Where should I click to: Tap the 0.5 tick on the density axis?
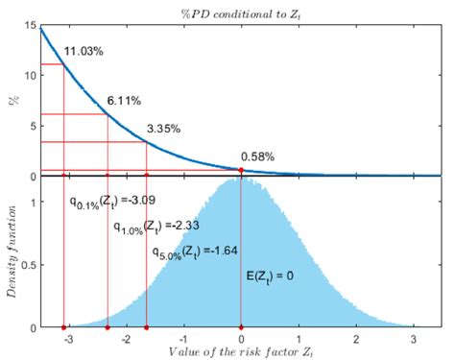26,266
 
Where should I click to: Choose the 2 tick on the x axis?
356,340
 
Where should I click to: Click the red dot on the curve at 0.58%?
241,170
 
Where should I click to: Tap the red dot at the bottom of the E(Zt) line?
241,328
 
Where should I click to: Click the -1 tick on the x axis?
182,340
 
